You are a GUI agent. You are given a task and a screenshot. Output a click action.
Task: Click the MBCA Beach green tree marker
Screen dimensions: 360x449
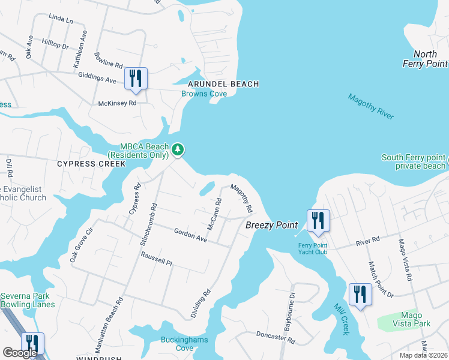pyautogui.click(x=177, y=149)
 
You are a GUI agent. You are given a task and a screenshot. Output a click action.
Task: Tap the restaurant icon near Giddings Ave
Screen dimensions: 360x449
pyautogui.click(x=136, y=79)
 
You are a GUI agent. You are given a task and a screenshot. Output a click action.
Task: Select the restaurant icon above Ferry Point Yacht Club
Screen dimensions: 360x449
pyautogui.click(x=318, y=220)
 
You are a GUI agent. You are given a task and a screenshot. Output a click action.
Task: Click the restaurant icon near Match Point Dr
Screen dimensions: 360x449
pyautogui.click(x=360, y=295)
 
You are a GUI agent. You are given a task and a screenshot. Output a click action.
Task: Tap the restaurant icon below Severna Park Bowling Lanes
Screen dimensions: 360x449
pyautogui.click(x=32, y=344)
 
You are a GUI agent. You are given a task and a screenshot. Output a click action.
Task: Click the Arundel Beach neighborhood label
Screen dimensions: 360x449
pyautogui.click(x=223, y=84)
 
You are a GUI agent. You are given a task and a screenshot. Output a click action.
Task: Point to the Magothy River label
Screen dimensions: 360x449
pyautogui.click(x=371, y=107)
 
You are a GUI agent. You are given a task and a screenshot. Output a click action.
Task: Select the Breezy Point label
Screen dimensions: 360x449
pyautogui.click(x=271, y=225)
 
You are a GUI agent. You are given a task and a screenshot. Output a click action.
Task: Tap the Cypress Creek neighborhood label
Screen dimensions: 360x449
pyautogui.click(x=91, y=163)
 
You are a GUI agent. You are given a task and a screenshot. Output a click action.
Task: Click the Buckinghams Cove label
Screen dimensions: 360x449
pyautogui.click(x=185, y=344)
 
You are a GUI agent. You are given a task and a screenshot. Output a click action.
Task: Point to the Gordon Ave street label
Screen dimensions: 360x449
pyautogui.click(x=190, y=235)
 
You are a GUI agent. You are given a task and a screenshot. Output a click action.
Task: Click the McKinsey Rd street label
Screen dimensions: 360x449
pyautogui.click(x=118, y=103)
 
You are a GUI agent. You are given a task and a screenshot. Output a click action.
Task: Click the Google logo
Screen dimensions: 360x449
pyautogui.click(x=19, y=353)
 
